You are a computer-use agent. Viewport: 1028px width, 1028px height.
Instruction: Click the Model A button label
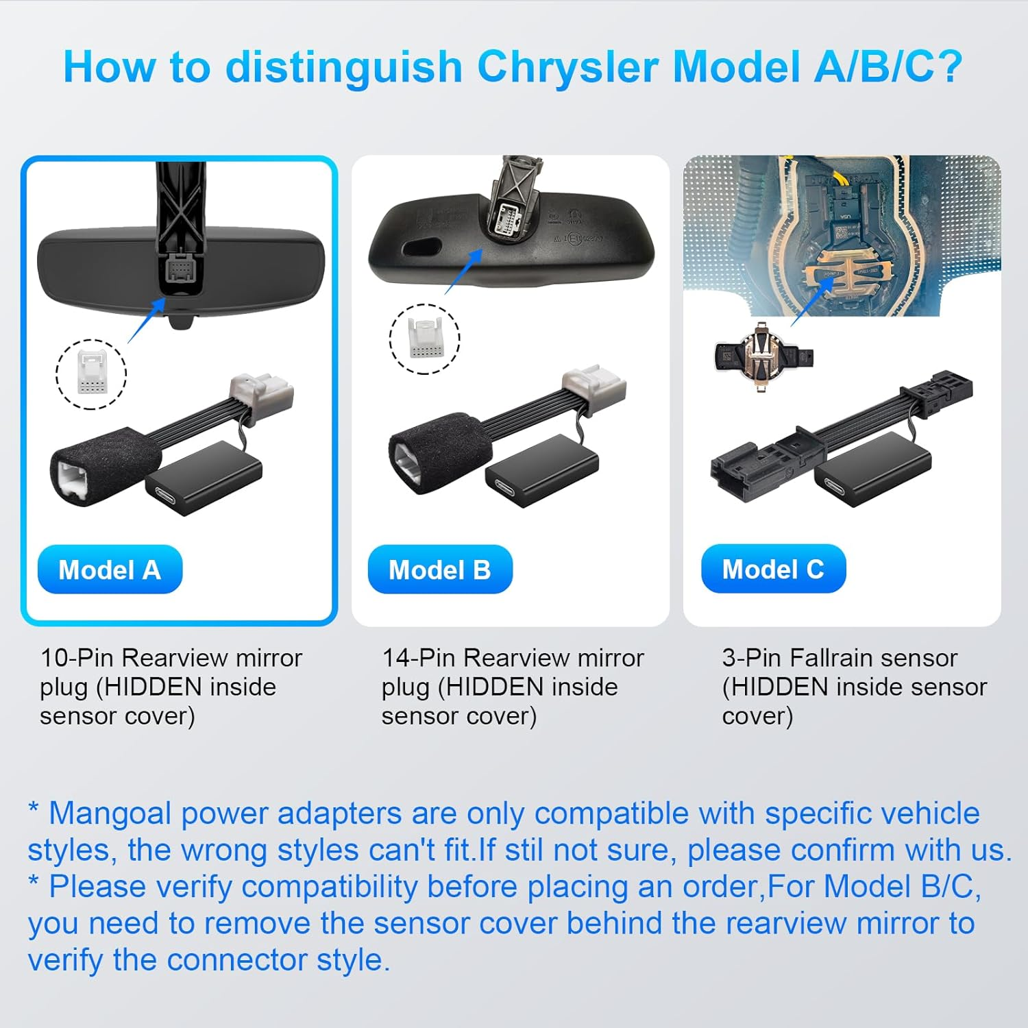(110, 570)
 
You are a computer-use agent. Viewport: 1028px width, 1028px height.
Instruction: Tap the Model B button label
(440, 570)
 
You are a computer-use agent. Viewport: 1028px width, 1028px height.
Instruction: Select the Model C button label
(773, 569)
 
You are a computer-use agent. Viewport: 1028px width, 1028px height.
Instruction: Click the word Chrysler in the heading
(567, 68)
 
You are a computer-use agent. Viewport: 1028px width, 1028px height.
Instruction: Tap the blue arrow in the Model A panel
(147, 321)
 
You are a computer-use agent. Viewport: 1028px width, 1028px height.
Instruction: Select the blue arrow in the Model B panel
(464, 272)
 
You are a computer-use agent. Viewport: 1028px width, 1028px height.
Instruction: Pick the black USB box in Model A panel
(204, 478)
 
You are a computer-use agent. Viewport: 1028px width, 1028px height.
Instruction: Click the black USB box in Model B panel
(542, 471)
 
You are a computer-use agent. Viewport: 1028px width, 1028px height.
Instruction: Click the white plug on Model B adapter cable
(594, 389)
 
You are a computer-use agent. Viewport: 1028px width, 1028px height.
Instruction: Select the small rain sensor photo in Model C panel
(763, 357)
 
